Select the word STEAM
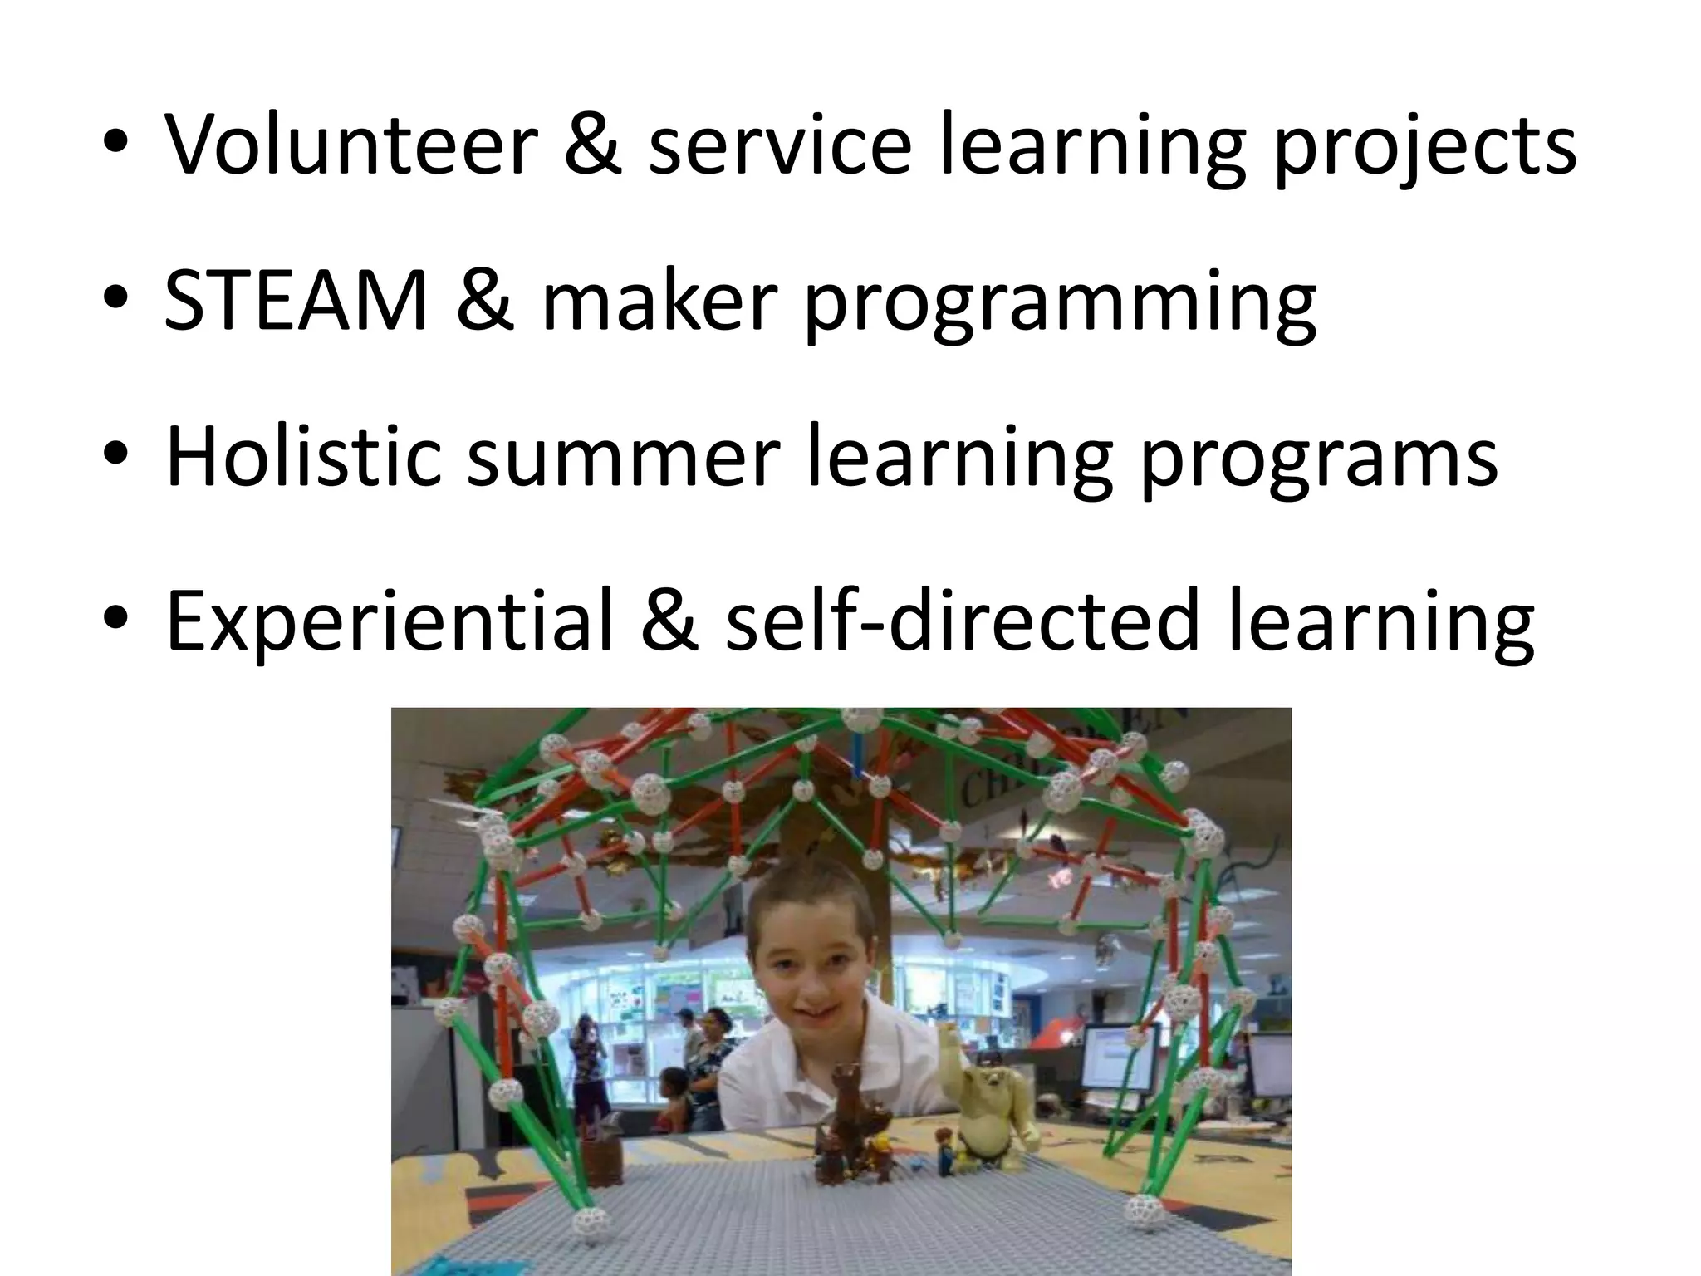296,303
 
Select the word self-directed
963,619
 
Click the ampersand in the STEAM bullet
485,303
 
